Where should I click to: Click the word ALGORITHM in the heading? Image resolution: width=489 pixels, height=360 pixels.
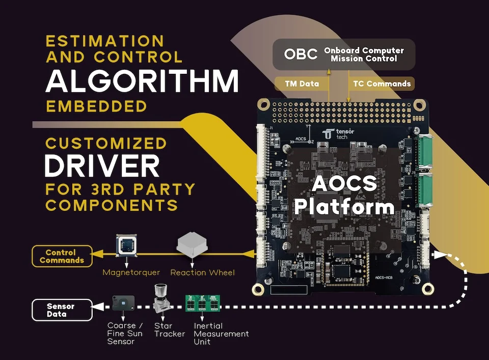[142, 81]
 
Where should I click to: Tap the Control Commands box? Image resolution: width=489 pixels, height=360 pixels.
[62, 256]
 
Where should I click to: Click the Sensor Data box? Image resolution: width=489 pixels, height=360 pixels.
[62, 310]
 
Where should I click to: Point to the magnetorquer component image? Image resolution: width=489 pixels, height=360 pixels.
[126, 245]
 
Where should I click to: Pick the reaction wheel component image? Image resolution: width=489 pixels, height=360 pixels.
[192, 244]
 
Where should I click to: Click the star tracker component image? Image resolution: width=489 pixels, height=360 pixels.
[162, 298]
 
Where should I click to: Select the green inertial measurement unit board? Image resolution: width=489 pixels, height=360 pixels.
[202, 303]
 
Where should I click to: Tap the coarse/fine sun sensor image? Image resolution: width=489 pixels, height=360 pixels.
[123, 303]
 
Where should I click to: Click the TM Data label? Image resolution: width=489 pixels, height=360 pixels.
[302, 84]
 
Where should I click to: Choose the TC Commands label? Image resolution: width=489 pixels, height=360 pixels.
[382, 84]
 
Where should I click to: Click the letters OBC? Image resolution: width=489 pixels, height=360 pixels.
[301, 54]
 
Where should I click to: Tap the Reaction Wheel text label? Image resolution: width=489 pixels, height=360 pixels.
[202, 272]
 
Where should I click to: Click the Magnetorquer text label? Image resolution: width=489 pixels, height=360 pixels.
[131, 272]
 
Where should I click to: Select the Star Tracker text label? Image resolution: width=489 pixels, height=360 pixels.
[170, 330]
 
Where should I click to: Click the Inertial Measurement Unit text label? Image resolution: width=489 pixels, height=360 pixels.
[221, 334]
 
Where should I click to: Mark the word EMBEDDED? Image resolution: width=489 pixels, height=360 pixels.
[96, 106]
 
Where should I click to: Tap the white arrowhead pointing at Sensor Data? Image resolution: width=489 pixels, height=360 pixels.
[98, 307]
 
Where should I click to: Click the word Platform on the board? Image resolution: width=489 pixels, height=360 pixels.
[344, 207]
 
